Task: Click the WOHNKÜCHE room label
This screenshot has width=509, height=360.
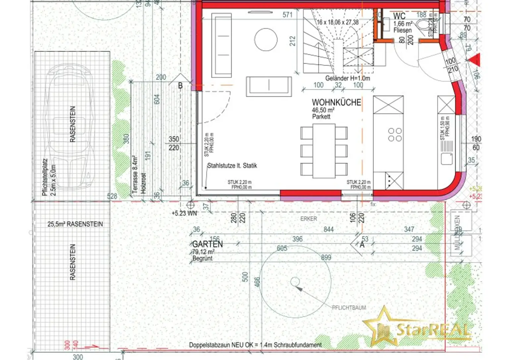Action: pyautogui.click(x=336, y=102)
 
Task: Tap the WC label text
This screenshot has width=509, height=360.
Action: pyautogui.click(x=399, y=16)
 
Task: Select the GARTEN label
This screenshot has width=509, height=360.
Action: pyautogui.click(x=207, y=244)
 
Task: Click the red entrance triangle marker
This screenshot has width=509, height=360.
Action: pyautogui.click(x=474, y=60)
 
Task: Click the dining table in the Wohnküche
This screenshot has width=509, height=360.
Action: pyautogui.click(x=324, y=151)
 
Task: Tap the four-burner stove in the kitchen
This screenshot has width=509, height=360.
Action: pyautogui.click(x=395, y=135)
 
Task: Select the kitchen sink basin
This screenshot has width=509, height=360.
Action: pyautogui.click(x=447, y=158)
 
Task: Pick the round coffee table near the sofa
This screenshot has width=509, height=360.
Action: pyautogui.click(x=266, y=39)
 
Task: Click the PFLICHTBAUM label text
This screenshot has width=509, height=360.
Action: pyautogui.click(x=349, y=308)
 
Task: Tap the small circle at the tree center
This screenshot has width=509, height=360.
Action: pyautogui.click(x=295, y=282)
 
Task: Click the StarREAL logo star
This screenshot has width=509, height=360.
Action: pyautogui.click(x=381, y=327)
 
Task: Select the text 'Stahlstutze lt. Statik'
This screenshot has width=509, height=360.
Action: pyautogui.click(x=232, y=166)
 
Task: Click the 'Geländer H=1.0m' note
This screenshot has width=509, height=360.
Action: pyautogui.click(x=347, y=78)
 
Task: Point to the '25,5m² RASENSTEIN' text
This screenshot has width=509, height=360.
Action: pyautogui.click(x=75, y=224)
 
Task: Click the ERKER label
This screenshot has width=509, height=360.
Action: pyautogui.click(x=308, y=219)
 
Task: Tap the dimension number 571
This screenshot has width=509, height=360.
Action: pyautogui.click(x=287, y=15)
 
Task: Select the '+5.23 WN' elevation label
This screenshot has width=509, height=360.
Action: pyautogui.click(x=184, y=214)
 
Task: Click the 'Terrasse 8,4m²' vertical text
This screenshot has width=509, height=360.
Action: pyautogui.click(x=135, y=174)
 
